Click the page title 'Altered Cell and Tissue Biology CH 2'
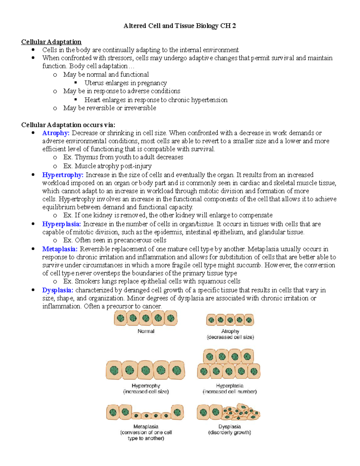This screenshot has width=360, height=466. coord(180,26)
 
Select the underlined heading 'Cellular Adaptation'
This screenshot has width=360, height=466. coord(51,42)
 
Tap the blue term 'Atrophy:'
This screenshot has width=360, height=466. coord(56,133)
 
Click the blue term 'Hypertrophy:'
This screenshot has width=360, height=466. coord(63,175)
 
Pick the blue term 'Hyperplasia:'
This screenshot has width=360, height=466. coord(61,224)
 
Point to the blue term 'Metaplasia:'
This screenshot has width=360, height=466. coord(60,249)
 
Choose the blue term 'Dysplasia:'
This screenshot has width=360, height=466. coord(58,290)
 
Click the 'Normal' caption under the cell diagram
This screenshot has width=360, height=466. coord(146,331)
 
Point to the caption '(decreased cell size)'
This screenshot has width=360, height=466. coord(230,337)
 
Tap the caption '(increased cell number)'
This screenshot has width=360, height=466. coord(229,392)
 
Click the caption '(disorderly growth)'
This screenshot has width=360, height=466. coord(229,432)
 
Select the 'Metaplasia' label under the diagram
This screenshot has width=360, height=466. coord(146,426)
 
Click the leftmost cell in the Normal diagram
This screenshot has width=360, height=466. coord(121,318)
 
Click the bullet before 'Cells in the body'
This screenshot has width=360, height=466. coord(33,50)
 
